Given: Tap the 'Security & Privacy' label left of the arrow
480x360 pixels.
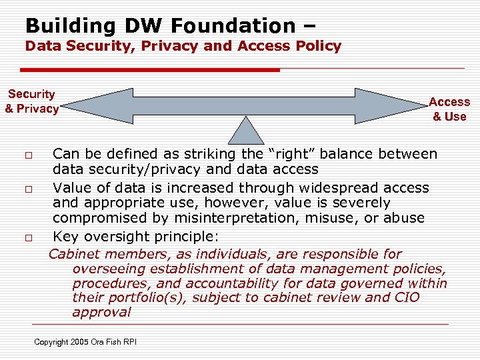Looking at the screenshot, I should pos(31,101).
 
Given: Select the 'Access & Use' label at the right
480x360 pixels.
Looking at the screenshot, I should pos(449,109).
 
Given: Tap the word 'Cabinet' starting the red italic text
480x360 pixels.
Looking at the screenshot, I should pos(74,254).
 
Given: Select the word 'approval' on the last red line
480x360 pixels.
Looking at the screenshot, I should pos(101,312).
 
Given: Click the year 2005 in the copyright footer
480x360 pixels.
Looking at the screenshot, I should pos(77,342).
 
